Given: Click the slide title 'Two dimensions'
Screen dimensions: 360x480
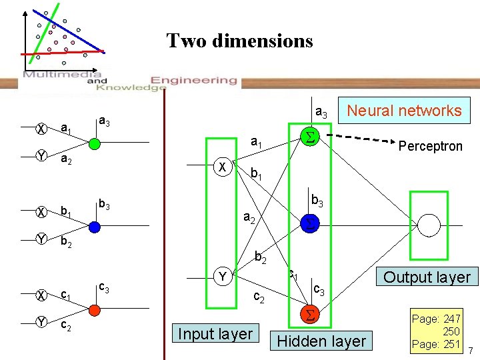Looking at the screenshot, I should point(239,41).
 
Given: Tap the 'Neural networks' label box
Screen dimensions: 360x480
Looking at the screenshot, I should point(405,111).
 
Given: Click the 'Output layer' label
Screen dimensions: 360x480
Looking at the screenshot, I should point(427,277).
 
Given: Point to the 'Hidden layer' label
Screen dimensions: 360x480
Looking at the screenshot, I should point(321,341).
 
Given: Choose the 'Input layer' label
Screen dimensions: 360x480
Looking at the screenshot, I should point(216,334).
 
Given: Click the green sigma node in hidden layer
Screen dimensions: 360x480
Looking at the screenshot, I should point(309,137).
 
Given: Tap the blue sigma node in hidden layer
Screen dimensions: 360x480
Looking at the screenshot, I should point(309,225).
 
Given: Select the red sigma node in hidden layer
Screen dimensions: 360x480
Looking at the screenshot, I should point(309,315).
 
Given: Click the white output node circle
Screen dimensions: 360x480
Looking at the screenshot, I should point(429,225).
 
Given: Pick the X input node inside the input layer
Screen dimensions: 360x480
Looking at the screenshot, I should point(223,167).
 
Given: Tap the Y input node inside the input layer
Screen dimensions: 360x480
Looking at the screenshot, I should point(223,275).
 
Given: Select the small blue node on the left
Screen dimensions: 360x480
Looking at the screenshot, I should point(94,227).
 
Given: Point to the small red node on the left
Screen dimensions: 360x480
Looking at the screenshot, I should point(94,309).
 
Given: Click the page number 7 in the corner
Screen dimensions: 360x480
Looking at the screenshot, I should point(470,351).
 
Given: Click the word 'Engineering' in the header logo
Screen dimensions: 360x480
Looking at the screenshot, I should point(194,80).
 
